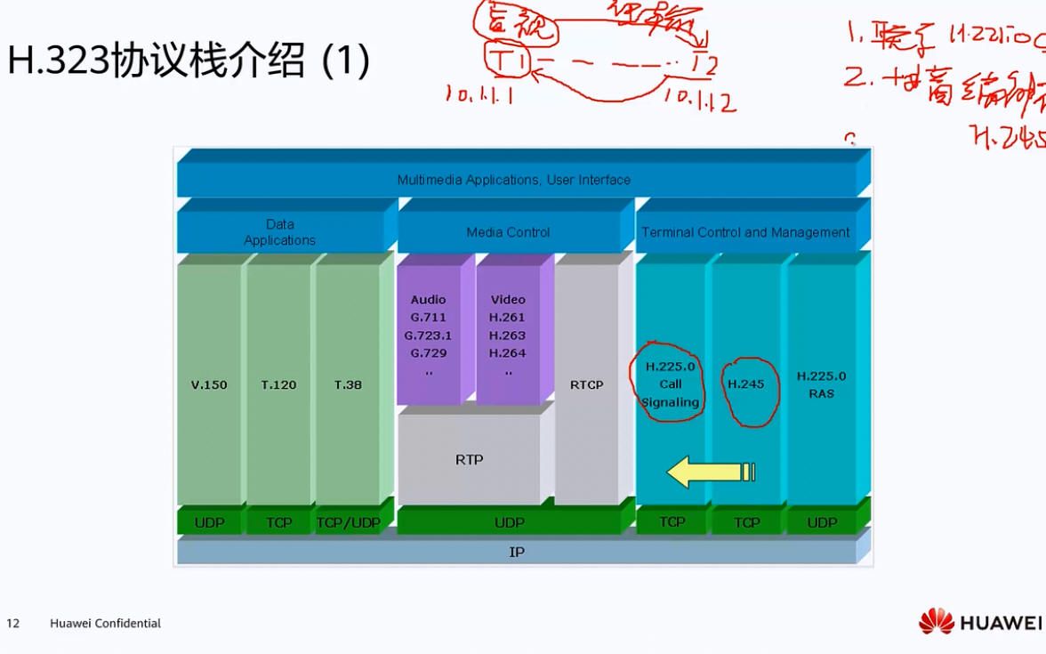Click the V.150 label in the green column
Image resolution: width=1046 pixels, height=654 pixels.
209,385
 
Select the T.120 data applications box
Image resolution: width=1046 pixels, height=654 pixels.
278,385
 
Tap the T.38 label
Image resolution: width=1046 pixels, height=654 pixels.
348,385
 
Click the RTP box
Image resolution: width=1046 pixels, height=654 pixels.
469,460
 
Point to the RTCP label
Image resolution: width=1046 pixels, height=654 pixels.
586,385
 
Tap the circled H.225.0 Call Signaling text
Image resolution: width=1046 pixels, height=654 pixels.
671,384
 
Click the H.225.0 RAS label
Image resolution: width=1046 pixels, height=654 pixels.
821,384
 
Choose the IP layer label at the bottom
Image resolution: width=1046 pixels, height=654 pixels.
517,552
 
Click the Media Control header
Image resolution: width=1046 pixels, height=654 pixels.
508,232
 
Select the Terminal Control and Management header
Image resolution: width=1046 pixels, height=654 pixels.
745,232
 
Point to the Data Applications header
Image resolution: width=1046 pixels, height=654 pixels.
279,232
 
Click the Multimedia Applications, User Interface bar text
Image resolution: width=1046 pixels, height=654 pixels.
513,180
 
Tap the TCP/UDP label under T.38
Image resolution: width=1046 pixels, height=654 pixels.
348,523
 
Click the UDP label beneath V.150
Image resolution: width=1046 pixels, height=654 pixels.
209,523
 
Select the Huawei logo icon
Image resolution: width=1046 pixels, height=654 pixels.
936,621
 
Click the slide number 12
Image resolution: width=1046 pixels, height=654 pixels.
13,623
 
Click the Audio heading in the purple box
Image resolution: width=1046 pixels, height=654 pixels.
428,300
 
